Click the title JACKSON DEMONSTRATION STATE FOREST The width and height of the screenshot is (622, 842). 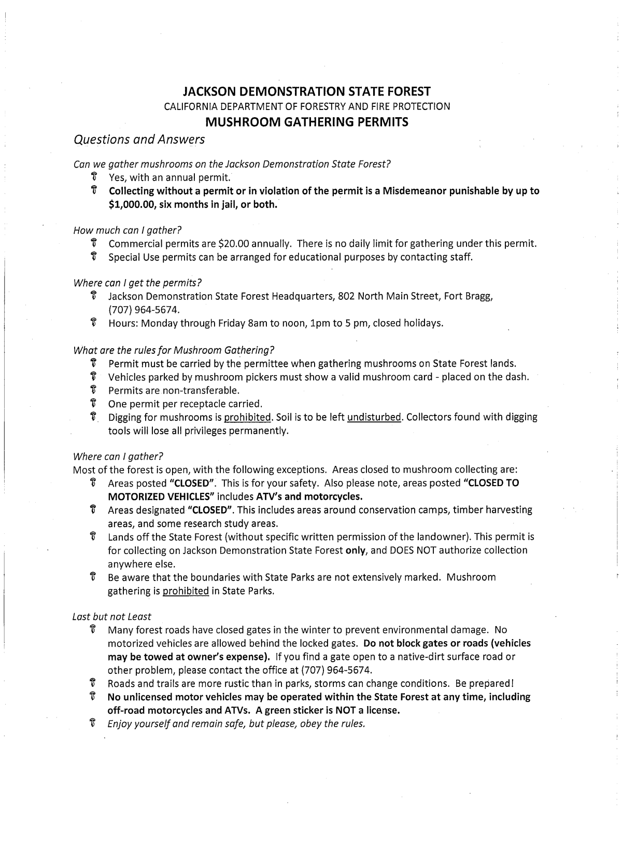307,92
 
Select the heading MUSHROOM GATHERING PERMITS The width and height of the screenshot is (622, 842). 307,122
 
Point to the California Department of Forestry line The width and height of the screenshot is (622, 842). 307,107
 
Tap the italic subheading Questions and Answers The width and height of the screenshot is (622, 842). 139,140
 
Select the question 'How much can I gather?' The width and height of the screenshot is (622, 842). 128,230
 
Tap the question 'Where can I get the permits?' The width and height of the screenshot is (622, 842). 137,283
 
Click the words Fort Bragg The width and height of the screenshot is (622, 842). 466,297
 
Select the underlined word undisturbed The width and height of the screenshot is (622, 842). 374,417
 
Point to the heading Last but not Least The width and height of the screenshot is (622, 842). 112,617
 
